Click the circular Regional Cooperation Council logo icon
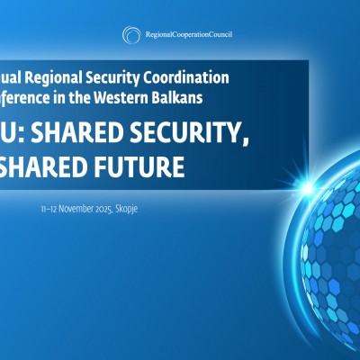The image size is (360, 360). pos(130,35)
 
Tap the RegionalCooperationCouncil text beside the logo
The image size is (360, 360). pos(189,35)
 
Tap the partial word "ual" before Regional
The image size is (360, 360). pos(14,77)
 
